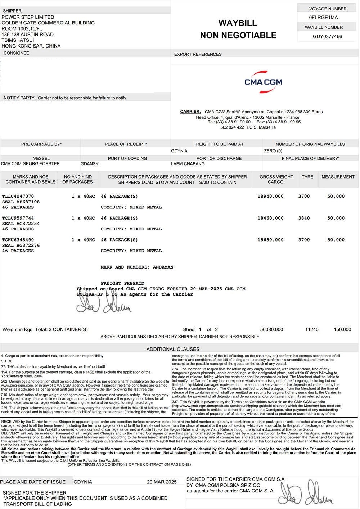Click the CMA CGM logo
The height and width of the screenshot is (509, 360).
(263, 82)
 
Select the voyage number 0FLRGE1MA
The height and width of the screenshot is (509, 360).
(323, 18)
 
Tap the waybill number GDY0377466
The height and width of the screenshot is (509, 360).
(327, 36)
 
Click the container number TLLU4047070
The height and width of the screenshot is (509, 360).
(18, 196)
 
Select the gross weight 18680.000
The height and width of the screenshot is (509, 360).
(270, 240)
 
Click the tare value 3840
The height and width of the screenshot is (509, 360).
(304, 218)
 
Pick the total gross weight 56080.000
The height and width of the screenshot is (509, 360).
(271, 329)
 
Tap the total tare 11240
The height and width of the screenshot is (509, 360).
(311, 329)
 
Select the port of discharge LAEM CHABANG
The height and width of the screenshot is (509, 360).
(188, 164)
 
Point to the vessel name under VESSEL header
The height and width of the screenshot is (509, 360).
(31, 164)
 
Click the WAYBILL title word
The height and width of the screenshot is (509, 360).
(238, 23)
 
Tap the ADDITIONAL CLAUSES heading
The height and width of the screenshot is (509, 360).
(173, 349)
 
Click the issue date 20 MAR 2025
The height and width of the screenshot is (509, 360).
(162, 482)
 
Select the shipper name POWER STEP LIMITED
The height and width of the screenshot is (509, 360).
(28, 17)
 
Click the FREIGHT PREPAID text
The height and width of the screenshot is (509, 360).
(122, 283)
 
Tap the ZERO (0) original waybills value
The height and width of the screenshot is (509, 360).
(273, 151)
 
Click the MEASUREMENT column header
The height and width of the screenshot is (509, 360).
(338, 177)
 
